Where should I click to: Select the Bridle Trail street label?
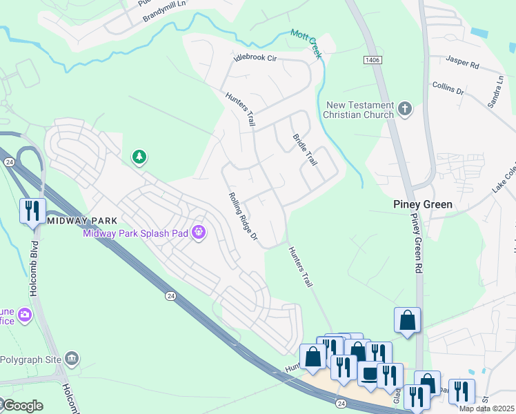305,149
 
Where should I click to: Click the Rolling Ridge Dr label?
242,217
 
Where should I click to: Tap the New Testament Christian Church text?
359,109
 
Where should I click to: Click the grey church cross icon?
404,108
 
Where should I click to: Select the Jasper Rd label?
463,63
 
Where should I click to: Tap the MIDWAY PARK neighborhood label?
81,220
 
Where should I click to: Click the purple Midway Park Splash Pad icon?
199,233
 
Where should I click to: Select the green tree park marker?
139,157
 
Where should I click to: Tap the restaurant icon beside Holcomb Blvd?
32,210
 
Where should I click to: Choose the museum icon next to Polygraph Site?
72,358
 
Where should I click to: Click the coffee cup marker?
369,373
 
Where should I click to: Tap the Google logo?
22,405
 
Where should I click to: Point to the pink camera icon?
26,315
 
